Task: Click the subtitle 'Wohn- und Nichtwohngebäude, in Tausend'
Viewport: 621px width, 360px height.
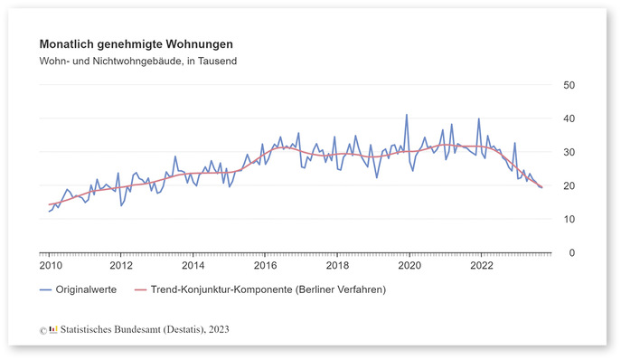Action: (137, 61)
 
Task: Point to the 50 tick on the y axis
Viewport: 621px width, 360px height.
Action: (569, 85)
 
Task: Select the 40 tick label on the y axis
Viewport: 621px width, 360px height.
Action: (569, 118)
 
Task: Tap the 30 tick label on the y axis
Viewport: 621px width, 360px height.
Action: (569, 152)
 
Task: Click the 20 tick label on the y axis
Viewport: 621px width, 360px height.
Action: (569, 185)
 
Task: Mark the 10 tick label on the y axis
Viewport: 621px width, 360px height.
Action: (569, 219)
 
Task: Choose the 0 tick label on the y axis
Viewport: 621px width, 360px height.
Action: (573, 252)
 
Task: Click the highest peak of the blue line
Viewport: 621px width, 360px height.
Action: (407, 115)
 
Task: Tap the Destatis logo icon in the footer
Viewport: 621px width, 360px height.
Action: (54, 329)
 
